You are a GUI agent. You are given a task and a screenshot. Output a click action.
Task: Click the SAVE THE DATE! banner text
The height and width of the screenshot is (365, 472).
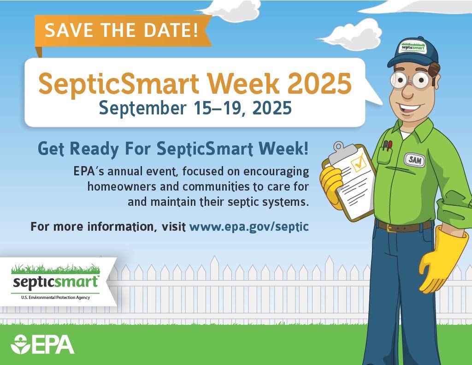122,30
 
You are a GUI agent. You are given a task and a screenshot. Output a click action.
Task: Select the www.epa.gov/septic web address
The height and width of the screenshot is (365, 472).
249,227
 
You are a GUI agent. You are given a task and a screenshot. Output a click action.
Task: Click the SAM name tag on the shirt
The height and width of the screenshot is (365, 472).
414,160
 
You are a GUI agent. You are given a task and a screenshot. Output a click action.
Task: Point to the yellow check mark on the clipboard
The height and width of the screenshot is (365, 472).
358,162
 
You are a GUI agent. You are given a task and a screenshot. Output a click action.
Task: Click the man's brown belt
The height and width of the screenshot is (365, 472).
404,226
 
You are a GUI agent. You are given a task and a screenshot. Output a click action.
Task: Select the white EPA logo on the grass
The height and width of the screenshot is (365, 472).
42,344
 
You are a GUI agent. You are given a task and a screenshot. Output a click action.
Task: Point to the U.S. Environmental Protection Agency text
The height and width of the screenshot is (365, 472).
55,298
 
